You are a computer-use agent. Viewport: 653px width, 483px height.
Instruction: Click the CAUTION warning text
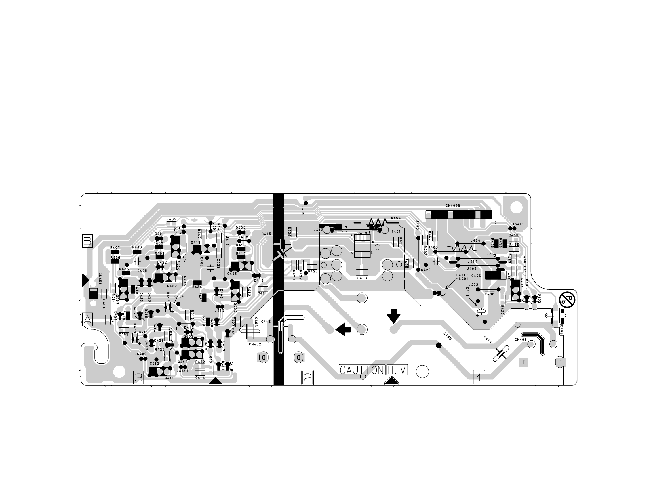coord(362,370)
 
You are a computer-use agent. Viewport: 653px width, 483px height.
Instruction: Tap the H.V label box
coord(397,370)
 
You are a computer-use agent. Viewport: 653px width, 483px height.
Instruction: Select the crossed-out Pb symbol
coord(567,300)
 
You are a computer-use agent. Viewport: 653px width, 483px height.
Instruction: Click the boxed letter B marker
coord(87,241)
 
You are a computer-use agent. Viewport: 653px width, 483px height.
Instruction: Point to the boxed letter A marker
coord(87,320)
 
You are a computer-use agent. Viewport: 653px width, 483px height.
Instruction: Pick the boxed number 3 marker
coord(138,377)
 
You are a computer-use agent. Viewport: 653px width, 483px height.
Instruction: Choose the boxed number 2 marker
coord(307,377)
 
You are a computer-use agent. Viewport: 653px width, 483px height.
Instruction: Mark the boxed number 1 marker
coord(479,377)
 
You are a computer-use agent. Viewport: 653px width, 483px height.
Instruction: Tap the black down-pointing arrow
coord(394,316)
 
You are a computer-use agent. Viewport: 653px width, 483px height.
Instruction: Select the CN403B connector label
coord(453,205)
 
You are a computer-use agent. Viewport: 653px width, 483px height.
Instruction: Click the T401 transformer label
coord(396,232)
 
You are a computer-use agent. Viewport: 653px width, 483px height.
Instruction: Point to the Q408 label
coord(362,233)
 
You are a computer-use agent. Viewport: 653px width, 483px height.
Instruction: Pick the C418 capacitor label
coord(362,278)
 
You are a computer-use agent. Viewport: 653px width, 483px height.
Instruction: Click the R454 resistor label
coord(396,218)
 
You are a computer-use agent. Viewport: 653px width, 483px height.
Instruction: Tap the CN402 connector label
coord(255,344)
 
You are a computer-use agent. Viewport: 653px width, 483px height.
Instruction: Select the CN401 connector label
coord(521,339)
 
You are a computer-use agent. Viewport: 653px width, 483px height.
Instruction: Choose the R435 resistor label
coord(171,219)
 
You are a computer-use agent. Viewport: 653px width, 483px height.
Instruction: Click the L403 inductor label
coord(448,336)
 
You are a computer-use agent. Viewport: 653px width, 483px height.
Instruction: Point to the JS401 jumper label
coord(518,224)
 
